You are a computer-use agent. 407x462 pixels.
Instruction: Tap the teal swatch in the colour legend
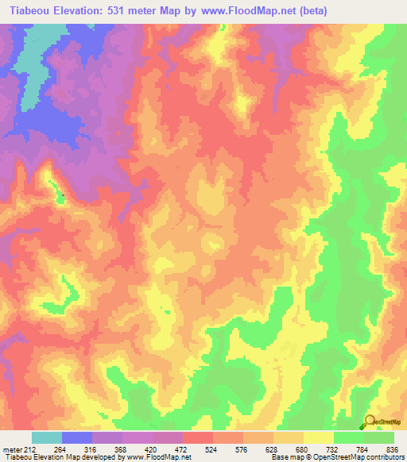47,437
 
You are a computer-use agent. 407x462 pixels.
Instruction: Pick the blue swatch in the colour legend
77,437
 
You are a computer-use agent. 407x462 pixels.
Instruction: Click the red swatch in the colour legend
198,437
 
